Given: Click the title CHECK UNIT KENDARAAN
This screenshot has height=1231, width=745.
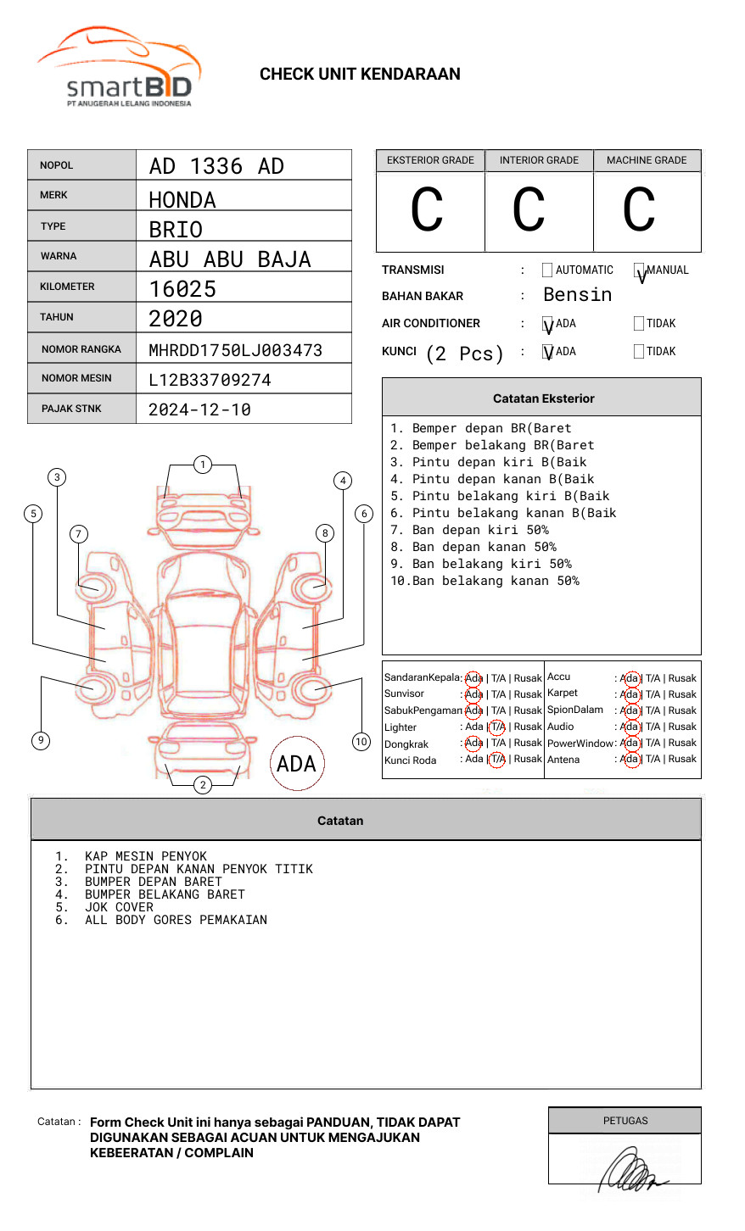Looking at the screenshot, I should [x=360, y=75].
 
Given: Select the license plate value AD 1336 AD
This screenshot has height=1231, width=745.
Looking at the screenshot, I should [x=216, y=166].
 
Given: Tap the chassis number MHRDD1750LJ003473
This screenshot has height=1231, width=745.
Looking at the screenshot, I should [x=235, y=350].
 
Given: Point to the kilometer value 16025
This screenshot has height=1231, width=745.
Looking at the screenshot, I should [x=182, y=289].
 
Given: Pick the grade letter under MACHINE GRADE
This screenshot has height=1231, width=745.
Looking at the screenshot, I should [x=638, y=210].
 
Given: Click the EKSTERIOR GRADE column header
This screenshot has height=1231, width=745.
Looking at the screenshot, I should [x=430, y=160].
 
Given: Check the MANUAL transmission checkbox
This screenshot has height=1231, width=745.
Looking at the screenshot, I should [x=640, y=270].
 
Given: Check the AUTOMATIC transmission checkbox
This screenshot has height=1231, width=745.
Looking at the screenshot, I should [x=547, y=270].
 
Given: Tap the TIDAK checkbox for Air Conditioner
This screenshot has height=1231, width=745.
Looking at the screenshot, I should [x=639, y=324].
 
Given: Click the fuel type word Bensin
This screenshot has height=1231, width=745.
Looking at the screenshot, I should [x=577, y=295].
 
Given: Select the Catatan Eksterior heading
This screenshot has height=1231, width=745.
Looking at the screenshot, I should [x=543, y=398].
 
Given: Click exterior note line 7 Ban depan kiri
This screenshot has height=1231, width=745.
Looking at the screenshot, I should [x=469, y=530].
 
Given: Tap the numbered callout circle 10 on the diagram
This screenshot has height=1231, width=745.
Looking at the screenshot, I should [x=361, y=742].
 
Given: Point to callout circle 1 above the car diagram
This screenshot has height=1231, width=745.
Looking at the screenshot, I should [x=202, y=465].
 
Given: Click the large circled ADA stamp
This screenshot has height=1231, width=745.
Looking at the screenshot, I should [x=296, y=764].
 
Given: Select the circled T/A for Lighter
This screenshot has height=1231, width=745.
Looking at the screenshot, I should [x=497, y=727].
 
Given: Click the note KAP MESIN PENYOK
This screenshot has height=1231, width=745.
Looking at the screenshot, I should [x=145, y=856].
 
